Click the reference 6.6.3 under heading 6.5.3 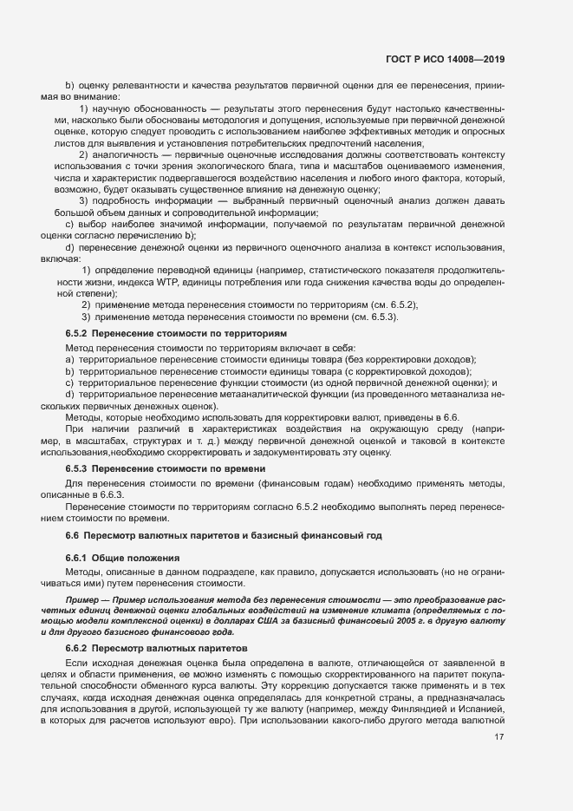point(116,493)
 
